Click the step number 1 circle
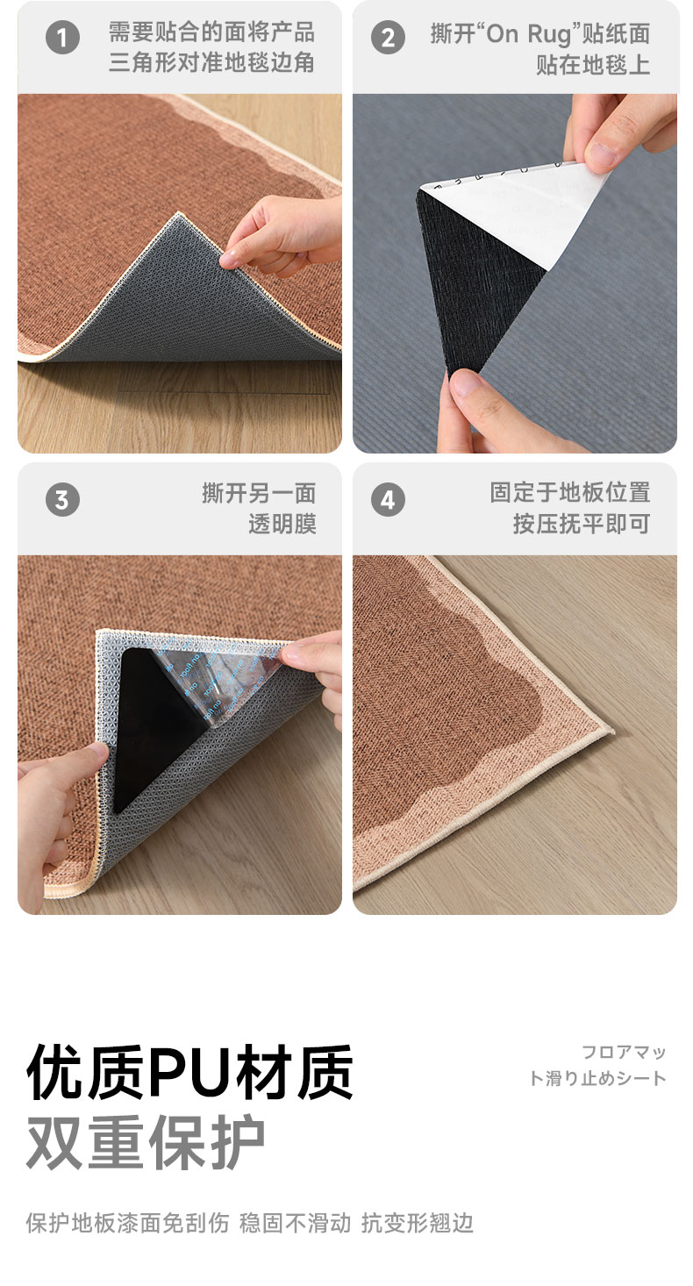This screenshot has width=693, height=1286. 62,38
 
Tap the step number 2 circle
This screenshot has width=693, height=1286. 388,38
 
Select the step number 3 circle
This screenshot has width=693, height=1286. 62,499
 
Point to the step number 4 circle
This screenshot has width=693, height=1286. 388,499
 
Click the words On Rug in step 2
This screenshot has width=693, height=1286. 529,34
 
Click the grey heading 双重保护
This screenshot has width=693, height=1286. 146,1142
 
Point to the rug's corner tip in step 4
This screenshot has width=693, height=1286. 613,732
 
